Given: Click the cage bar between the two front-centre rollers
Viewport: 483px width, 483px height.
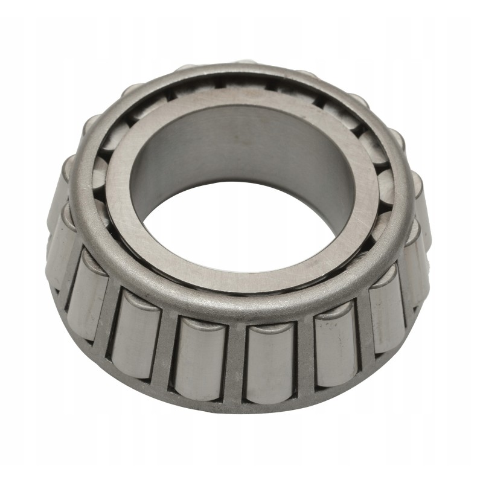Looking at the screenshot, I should (236, 362).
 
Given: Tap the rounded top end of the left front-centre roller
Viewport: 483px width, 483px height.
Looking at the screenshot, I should (202, 323).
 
